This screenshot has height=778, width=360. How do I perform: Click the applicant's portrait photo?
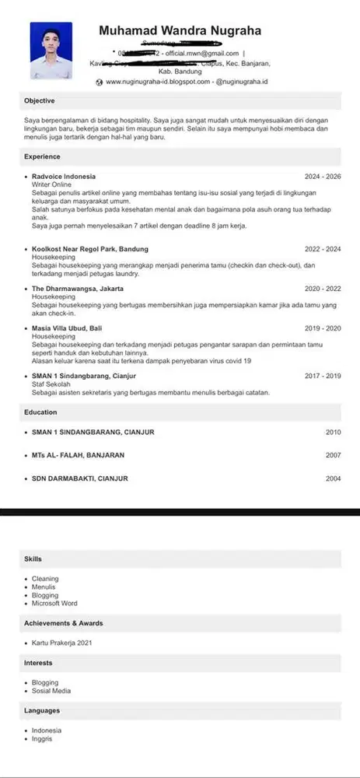tap(51, 50)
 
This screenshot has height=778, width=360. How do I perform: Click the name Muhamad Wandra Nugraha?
tap(180, 31)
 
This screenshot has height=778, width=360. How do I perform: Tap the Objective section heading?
tap(39, 101)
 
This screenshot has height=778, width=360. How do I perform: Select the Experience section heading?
tap(42, 156)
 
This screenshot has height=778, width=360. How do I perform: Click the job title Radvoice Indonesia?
tap(64, 177)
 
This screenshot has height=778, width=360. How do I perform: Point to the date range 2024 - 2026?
tap(323, 177)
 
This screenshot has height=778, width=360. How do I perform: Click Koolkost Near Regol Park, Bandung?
tap(89, 249)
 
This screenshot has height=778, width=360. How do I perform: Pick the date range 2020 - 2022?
tap(323, 288)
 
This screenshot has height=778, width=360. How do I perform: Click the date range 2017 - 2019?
tap(323, 376)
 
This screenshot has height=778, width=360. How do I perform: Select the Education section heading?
tap(41, 411)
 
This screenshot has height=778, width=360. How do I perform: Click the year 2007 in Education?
tap(333, 455)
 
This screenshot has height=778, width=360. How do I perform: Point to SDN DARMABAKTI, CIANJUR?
tap(80, 478)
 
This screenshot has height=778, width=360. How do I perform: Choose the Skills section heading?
tap(33, 559)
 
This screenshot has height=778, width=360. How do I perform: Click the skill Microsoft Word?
tap(54, 603)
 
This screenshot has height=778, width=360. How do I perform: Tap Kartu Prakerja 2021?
tap(62, 643)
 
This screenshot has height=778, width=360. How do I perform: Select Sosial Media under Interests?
tap(51, 691)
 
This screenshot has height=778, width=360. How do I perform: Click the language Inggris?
tap(43, 738)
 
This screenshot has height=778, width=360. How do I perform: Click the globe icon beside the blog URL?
tap(99, 82)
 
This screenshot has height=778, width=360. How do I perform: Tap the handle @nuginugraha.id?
tap(242, 82)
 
